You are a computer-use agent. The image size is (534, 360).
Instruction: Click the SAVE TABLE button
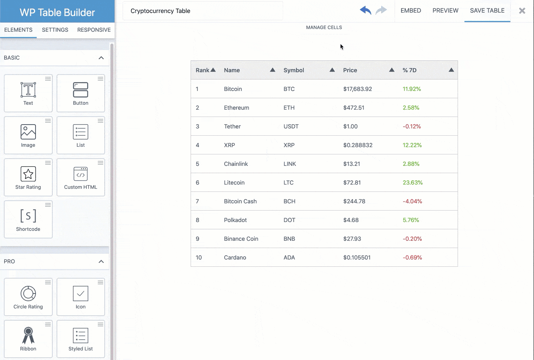coord(487,11)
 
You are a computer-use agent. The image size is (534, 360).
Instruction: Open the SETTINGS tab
coord(55,30)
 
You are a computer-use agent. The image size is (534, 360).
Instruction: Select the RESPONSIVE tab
coord(94,30)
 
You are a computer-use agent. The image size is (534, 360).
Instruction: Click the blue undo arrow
coord(366,10)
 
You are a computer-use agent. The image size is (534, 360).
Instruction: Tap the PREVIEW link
coord(445,11)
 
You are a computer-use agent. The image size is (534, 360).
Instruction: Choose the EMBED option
coord(411,11)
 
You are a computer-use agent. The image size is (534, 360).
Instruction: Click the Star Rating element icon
coord(28,174)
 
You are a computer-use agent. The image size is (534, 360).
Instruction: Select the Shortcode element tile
coord(28,219)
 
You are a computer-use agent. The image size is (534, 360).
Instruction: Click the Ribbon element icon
coord(28,335)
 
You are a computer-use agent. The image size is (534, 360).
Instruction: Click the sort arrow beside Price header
coord(392,70)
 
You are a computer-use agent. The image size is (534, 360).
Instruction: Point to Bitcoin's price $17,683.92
coord(358,89)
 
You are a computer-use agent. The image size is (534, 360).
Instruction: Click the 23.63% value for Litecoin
coord(413,183)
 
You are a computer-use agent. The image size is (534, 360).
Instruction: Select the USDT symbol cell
coord(291,126)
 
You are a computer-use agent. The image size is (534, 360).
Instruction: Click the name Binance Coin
coord(241,239)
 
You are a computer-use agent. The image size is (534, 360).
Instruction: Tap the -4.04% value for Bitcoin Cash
coord(412,201)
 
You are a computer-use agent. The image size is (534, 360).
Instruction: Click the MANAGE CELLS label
coord(324,28)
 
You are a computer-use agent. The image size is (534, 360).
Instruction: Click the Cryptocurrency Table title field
coord(202,11)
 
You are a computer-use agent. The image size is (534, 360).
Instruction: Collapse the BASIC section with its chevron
coord(101,58)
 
